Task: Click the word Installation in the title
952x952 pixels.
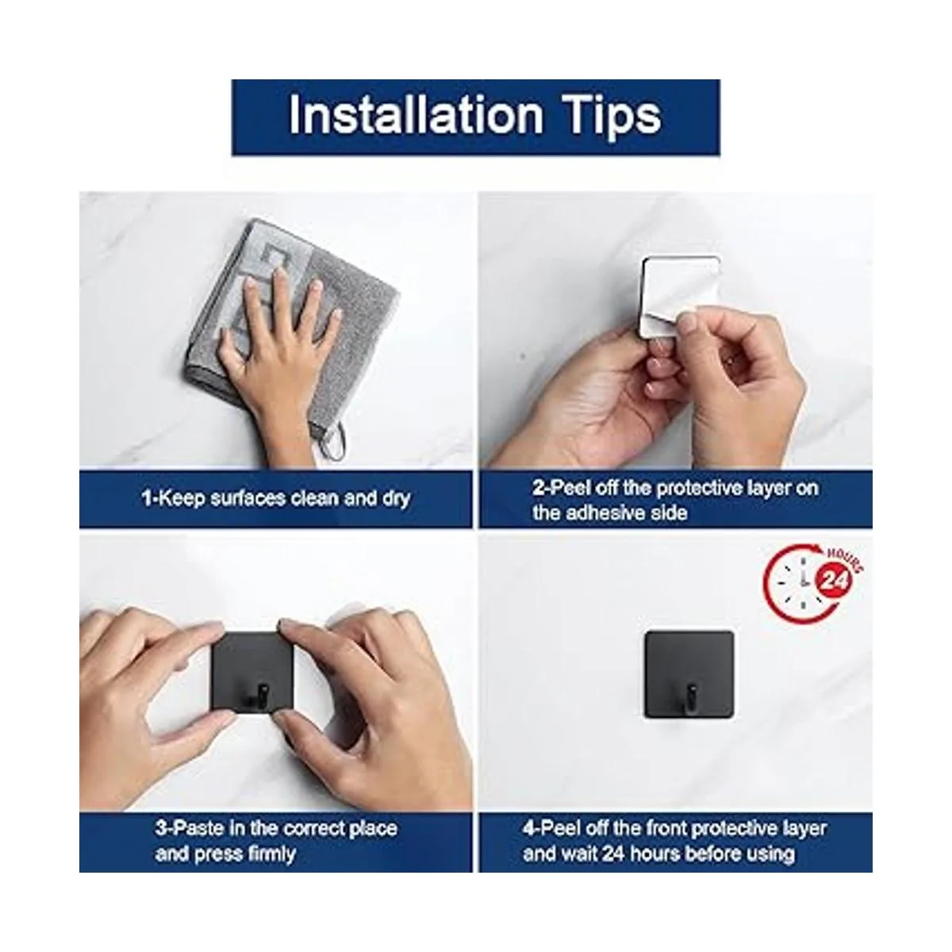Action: (416, 116)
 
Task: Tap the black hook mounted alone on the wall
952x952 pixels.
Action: (689, 675)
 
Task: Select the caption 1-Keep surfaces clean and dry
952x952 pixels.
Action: (275, 498)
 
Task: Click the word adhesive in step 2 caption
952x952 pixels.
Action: (608, 512)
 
